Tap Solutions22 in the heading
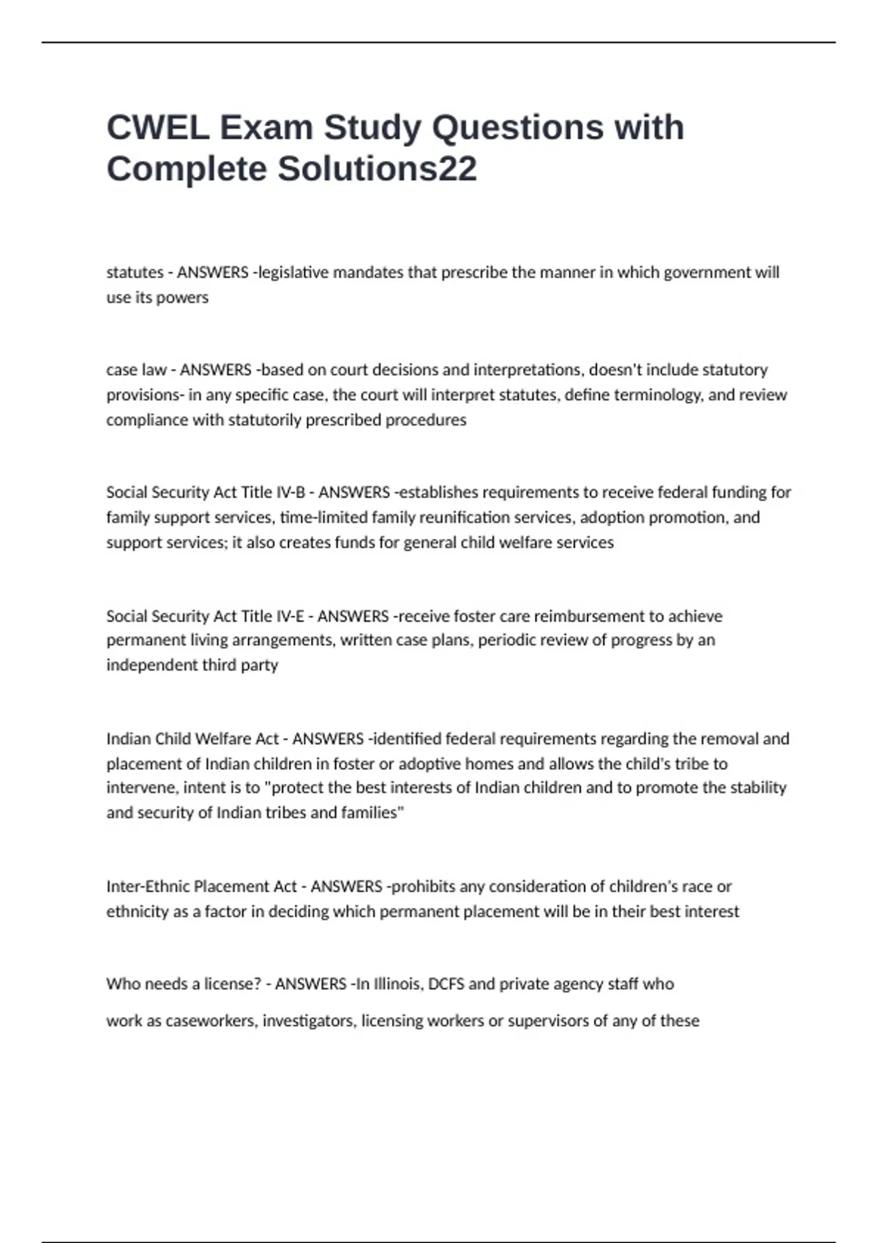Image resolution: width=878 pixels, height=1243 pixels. pyautogui.click(x=378, y=169)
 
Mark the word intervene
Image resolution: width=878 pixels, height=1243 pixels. pyautogui.click(x=140, y=788)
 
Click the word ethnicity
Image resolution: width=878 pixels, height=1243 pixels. pyautogui.click(x=138, y=912)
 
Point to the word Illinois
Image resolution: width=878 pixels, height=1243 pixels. pyautogui.click(x=398, y=984)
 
